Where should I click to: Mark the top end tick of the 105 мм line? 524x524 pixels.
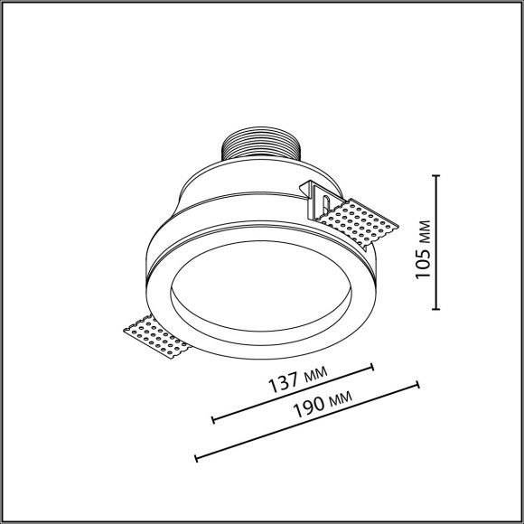point(438,176)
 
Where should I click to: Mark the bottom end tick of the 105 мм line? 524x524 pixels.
point(438,309)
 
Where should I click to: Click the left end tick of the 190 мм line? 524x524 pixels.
point(196,457)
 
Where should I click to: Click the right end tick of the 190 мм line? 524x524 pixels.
point(417,385)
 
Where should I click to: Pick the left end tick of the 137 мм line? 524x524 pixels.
point(212,419)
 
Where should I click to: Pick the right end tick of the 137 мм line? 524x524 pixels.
point(372,367)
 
